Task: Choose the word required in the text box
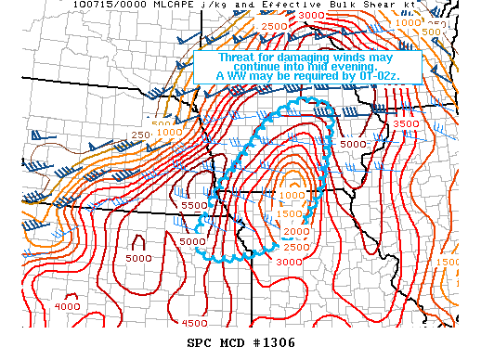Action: pos(314,76)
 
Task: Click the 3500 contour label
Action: pos(407,122)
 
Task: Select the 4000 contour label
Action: pos(66,305)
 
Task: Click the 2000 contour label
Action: pos(294,230)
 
